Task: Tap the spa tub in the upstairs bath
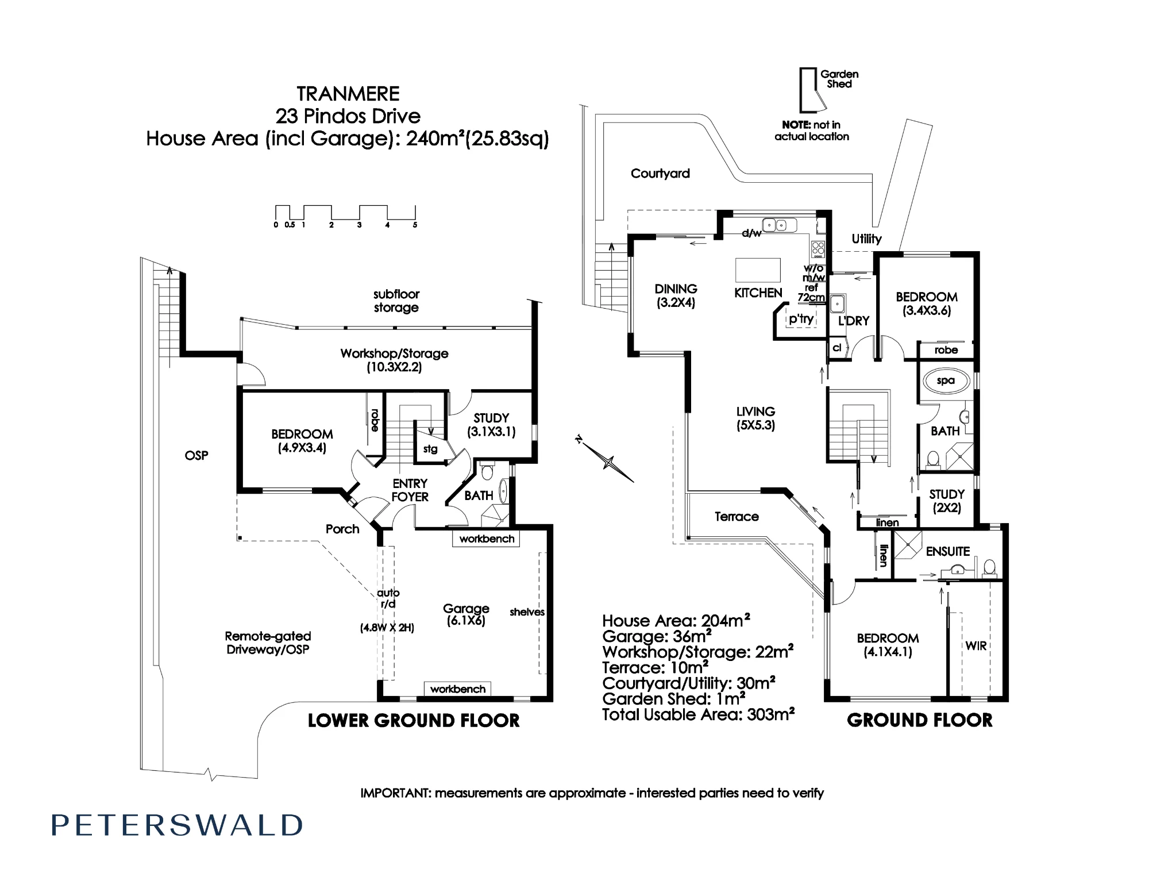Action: click(946, 380)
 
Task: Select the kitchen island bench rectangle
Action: click(758, 270)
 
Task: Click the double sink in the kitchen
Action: click(779, 225)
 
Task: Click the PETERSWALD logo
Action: click(177, 825)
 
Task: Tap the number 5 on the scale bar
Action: click(415, 225)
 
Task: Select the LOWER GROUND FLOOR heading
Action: click(414, 721)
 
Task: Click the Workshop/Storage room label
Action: click(394, 360)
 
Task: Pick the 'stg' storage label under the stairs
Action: click(430, 449)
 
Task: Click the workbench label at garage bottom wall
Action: click(458, 689)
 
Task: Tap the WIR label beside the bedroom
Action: click(976, 646)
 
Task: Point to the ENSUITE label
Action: click(948, 551)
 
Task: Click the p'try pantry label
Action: click(801, 319)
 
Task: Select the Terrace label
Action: click(737, 517)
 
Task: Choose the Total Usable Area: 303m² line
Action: click(698, 714)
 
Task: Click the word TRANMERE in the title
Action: click(348, 94)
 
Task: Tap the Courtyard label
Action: click(660, 174)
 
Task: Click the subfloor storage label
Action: click(396, 301)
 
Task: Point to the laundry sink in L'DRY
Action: click(838, 301)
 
